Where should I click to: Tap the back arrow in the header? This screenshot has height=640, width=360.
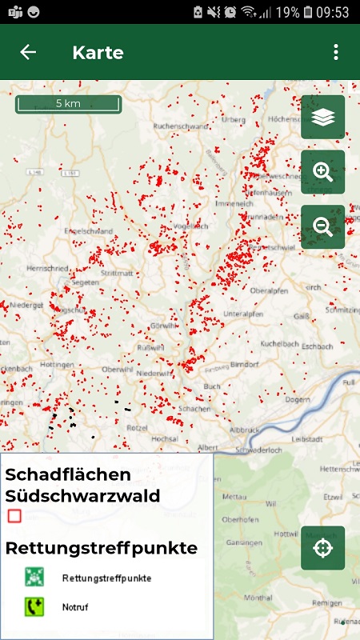(28, 53)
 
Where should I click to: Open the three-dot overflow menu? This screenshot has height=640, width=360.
(336, 53)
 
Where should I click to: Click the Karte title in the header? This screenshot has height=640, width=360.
(98, 53)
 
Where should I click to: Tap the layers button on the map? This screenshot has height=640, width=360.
(322, 118)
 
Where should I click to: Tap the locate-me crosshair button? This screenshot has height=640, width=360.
(322, 548)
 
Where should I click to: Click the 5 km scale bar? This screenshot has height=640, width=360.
(68, 104)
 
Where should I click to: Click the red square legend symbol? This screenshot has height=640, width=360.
(14, 516)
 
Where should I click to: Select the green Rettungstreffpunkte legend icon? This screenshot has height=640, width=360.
(33, 577)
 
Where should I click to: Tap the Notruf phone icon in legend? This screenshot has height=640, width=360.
(33, 606)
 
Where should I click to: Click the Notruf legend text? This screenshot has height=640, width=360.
(75, 607)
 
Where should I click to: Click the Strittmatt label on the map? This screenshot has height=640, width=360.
(117, 273)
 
